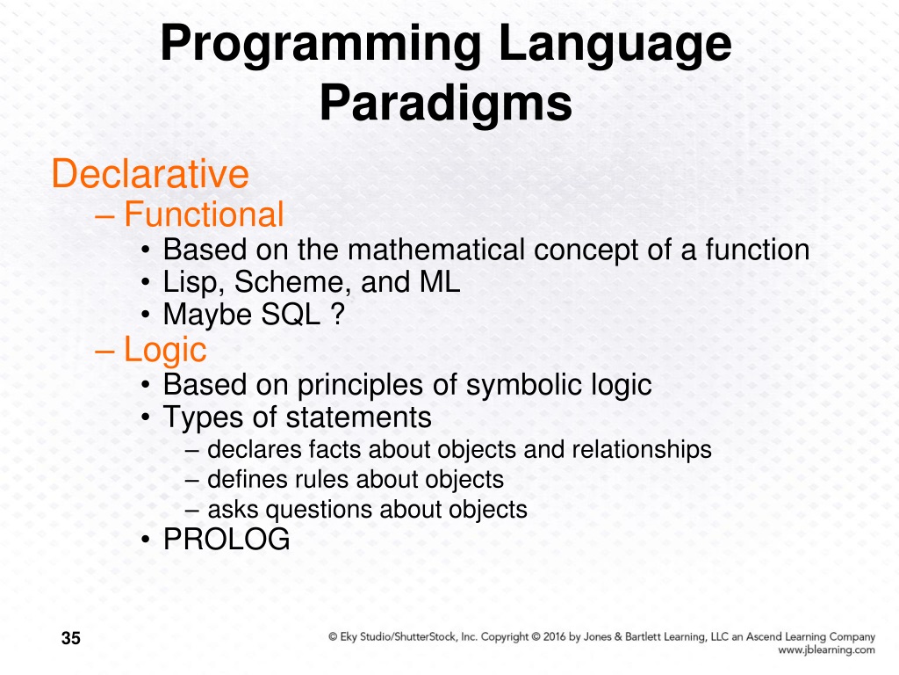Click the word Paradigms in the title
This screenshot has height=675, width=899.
(446, 105)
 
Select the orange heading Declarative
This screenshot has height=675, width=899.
(150, 173)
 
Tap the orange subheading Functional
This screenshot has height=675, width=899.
(204, 214)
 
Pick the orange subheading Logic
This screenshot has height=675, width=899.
(165, 350)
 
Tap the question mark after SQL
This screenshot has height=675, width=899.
(338, 314)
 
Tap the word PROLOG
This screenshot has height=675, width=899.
(227, 539)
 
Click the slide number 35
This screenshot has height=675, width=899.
(71, 638)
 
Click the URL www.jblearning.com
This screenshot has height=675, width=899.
(826, 650)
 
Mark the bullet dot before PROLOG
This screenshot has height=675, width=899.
(147, 540)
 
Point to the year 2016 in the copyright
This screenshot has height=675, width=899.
(555, 636)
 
